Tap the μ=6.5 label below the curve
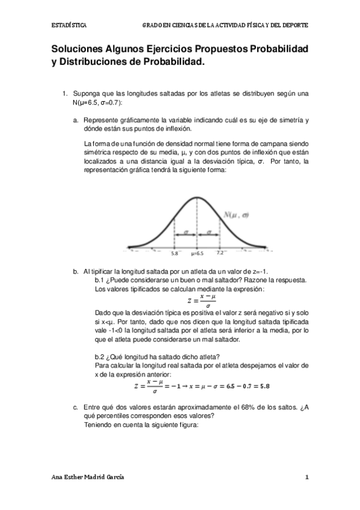(x=197, y=254)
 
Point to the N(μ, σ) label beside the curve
(x=236, y=215)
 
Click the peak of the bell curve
(x=197, y=198)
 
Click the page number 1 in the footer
(x=307, y=477)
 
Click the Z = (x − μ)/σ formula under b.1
(x=202, y=301)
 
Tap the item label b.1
(x=100, y=280)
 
